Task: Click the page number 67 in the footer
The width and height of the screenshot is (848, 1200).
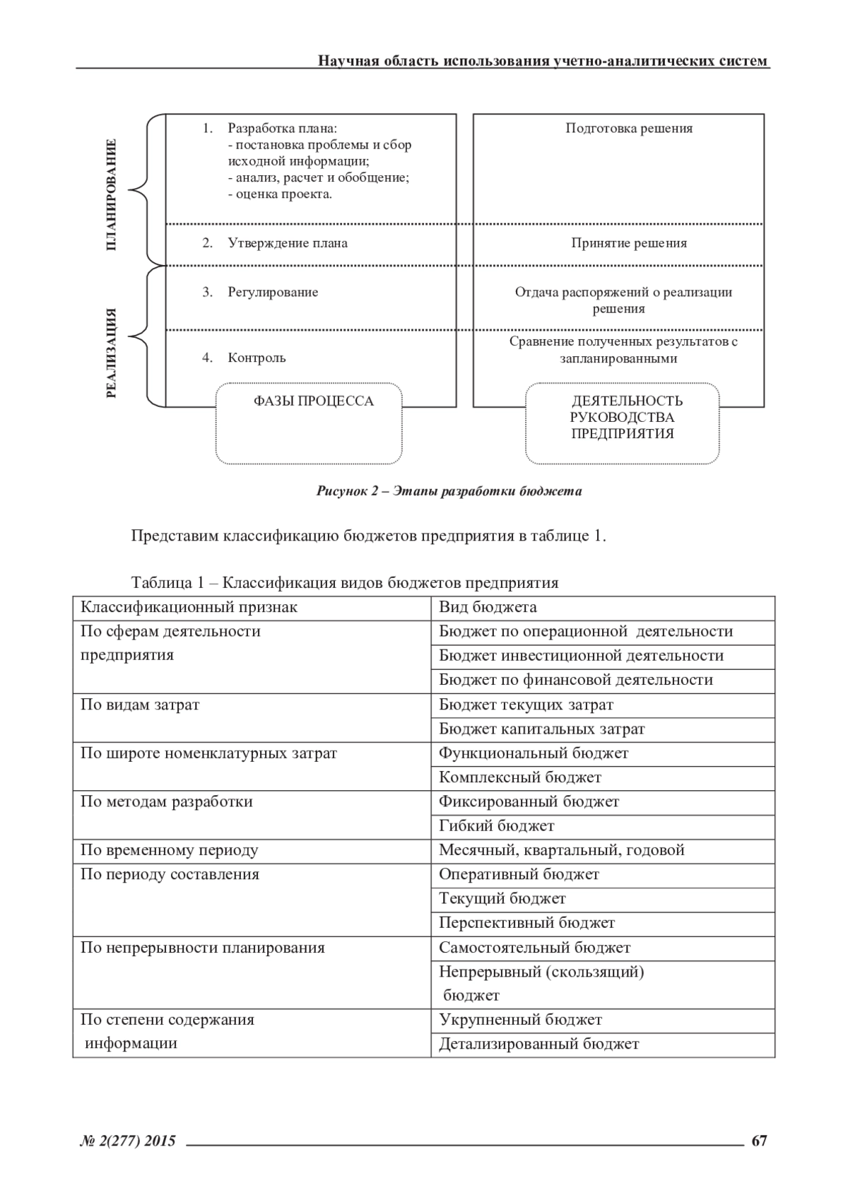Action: pyautogui.click(x=759, y=1140)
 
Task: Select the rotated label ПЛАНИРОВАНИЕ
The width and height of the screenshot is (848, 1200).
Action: pyautogui.click(x=111, y=194)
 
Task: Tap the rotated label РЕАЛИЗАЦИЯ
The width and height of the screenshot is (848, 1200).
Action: pyautogui.click(x=111, y=353)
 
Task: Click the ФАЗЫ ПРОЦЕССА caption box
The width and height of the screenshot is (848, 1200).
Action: pyautogui.click(x=309, y=423)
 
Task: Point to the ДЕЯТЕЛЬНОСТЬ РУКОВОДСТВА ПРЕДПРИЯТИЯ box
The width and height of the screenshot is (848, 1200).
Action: pyautogui.click(x=622, y=423)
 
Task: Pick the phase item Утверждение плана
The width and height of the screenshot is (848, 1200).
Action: pyautogui.click(x=287, y=243)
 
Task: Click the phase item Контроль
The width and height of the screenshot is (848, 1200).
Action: pyautogui.click(x=257, y=358)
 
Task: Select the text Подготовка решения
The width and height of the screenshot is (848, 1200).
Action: pyautogui.click(x=629, y=129)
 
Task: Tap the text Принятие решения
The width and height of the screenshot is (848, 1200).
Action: pyautogui.click(x=629, y=243)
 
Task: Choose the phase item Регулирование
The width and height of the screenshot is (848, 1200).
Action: pyautogui.click(x=273, y=293)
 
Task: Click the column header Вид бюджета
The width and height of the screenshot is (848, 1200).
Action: pyautogui.click(x=488, y=607)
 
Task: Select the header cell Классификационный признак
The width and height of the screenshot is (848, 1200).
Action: pyautogui.click(x=189, y=607)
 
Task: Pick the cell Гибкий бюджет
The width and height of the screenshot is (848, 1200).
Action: pyautogui.click(x=496, y=825)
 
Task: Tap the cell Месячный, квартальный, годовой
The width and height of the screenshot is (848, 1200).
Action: pyautogui.click(x=562, y=850)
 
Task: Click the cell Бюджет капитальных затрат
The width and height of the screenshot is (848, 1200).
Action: pyautogui.click(x=541, y=729)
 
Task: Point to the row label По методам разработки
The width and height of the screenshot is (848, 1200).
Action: pyautogui.click(x=166, y=801)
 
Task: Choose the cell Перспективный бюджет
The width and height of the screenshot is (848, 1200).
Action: pyautogui.click(x=526, y=923)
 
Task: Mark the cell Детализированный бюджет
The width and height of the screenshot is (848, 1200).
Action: pyautogui.click(x=538, y=1044)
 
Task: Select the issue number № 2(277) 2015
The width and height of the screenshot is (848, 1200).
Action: pyautogui.click(x=128, y=1140)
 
